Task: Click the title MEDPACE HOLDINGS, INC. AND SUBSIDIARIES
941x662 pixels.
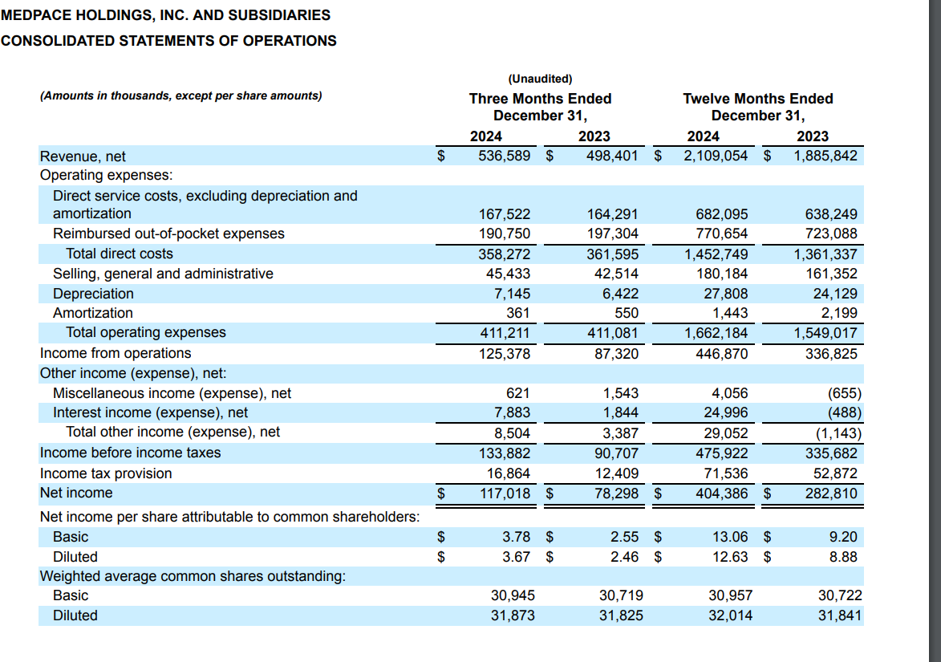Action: tap(165, 14)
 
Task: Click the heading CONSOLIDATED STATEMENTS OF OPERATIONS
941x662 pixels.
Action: tap(168, 40)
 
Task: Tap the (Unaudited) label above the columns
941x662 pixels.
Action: tap(540, 79)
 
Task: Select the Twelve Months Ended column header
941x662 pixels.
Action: tap(757, 99)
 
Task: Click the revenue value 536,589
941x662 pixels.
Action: tap(504, 156)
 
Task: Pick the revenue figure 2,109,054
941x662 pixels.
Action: tap(716, 156)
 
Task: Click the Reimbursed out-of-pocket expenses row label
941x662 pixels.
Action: tap(168, 234)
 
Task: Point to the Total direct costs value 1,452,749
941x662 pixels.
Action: tap(716, 254)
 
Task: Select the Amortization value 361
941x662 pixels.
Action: tap(517, 313)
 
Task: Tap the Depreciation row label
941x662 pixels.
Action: tap(93, 294)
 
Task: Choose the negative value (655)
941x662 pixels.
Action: tap(844, 393)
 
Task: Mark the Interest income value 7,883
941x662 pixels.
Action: tap(511, 412)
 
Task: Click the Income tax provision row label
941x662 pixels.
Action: tap(106, 473)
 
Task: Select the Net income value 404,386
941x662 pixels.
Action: tap(722, 493)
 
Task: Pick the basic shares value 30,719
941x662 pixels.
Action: tap(621, 595)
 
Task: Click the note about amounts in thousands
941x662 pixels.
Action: tap(181, 95)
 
